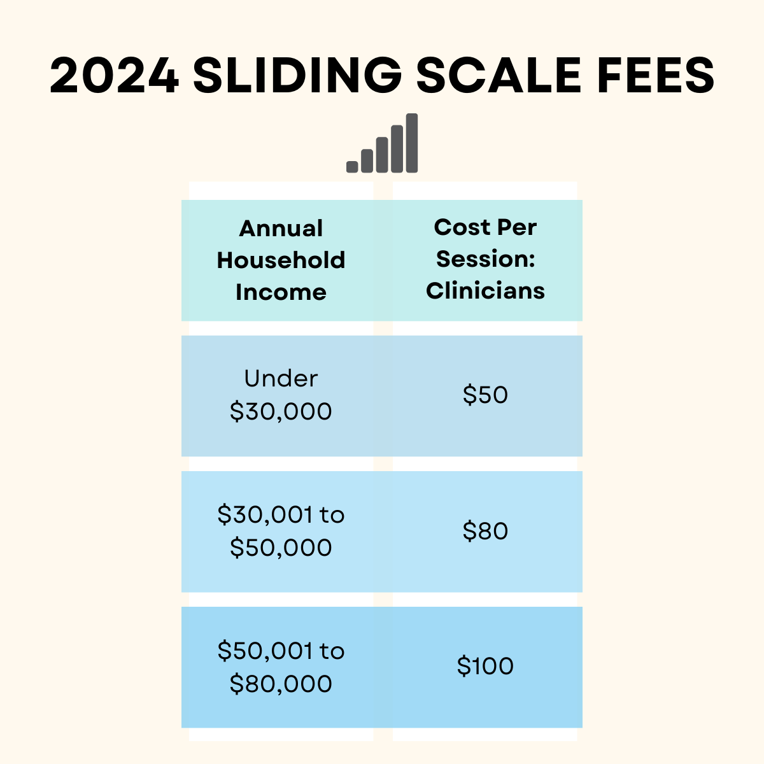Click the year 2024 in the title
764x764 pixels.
115,76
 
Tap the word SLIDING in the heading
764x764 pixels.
297,76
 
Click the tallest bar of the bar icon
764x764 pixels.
412,143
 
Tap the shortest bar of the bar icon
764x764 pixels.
352,166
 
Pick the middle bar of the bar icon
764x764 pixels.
382,155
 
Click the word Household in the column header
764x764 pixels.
281,260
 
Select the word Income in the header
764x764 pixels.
281,292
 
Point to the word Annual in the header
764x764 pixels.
281,229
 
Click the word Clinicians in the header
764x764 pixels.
485,291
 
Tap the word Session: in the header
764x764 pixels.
485,259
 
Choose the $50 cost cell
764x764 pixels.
485,395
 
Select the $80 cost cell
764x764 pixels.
485,531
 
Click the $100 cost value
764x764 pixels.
485,667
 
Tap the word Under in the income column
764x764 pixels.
281,379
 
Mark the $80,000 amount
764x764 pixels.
281,684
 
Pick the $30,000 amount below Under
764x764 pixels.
281,412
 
